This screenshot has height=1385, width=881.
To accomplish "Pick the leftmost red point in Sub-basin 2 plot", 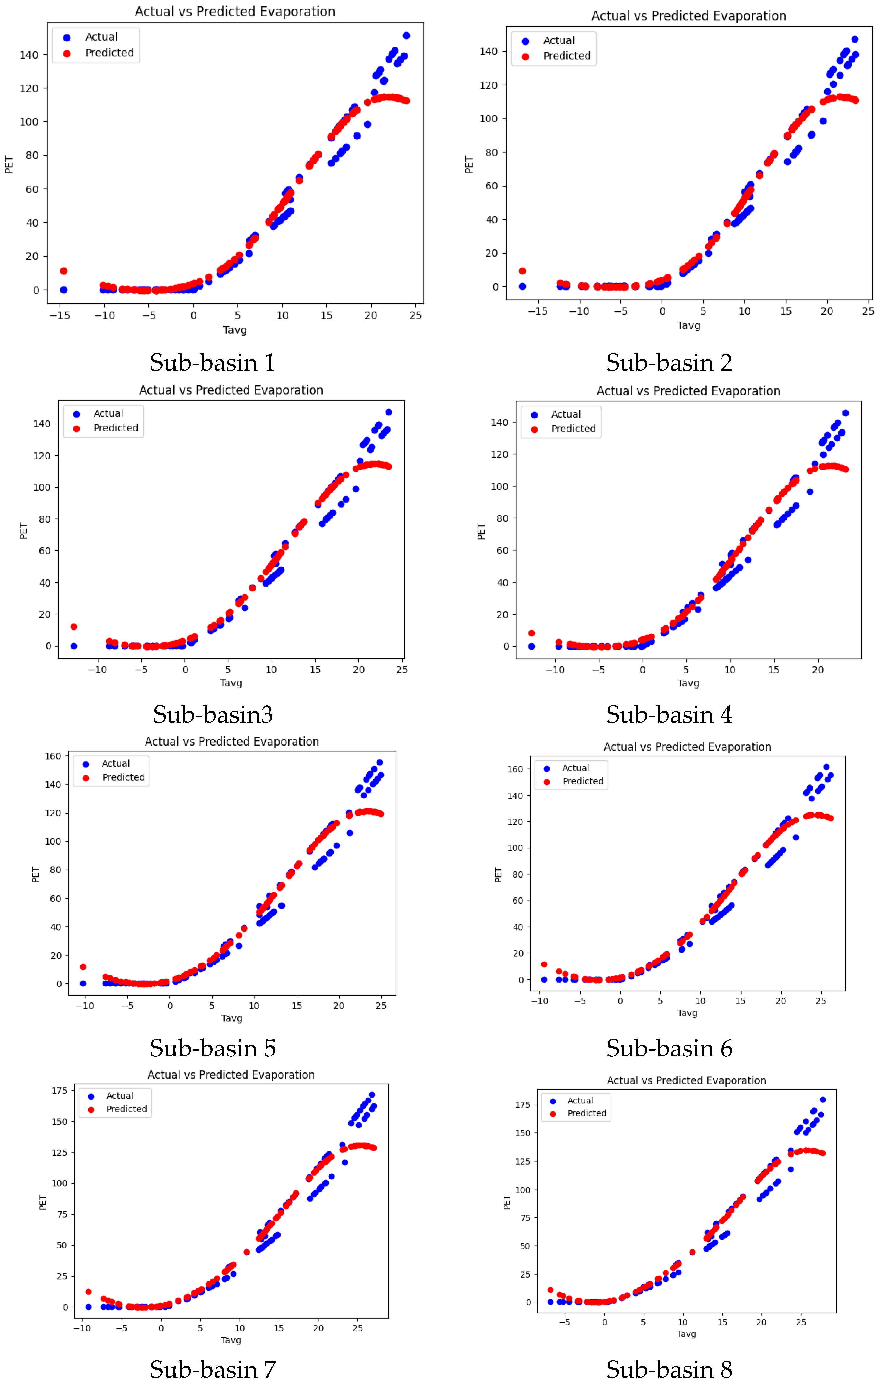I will pos(522,271).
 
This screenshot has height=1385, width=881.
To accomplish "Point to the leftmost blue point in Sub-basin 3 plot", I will pos(74,646).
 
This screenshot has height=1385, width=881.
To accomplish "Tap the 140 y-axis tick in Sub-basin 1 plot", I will pos(29,55).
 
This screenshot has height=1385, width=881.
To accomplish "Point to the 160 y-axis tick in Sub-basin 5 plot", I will pos(53,756).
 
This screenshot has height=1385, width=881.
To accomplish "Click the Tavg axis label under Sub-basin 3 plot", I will pos(231,683).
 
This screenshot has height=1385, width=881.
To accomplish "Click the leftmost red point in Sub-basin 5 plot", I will pos(83,967).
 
